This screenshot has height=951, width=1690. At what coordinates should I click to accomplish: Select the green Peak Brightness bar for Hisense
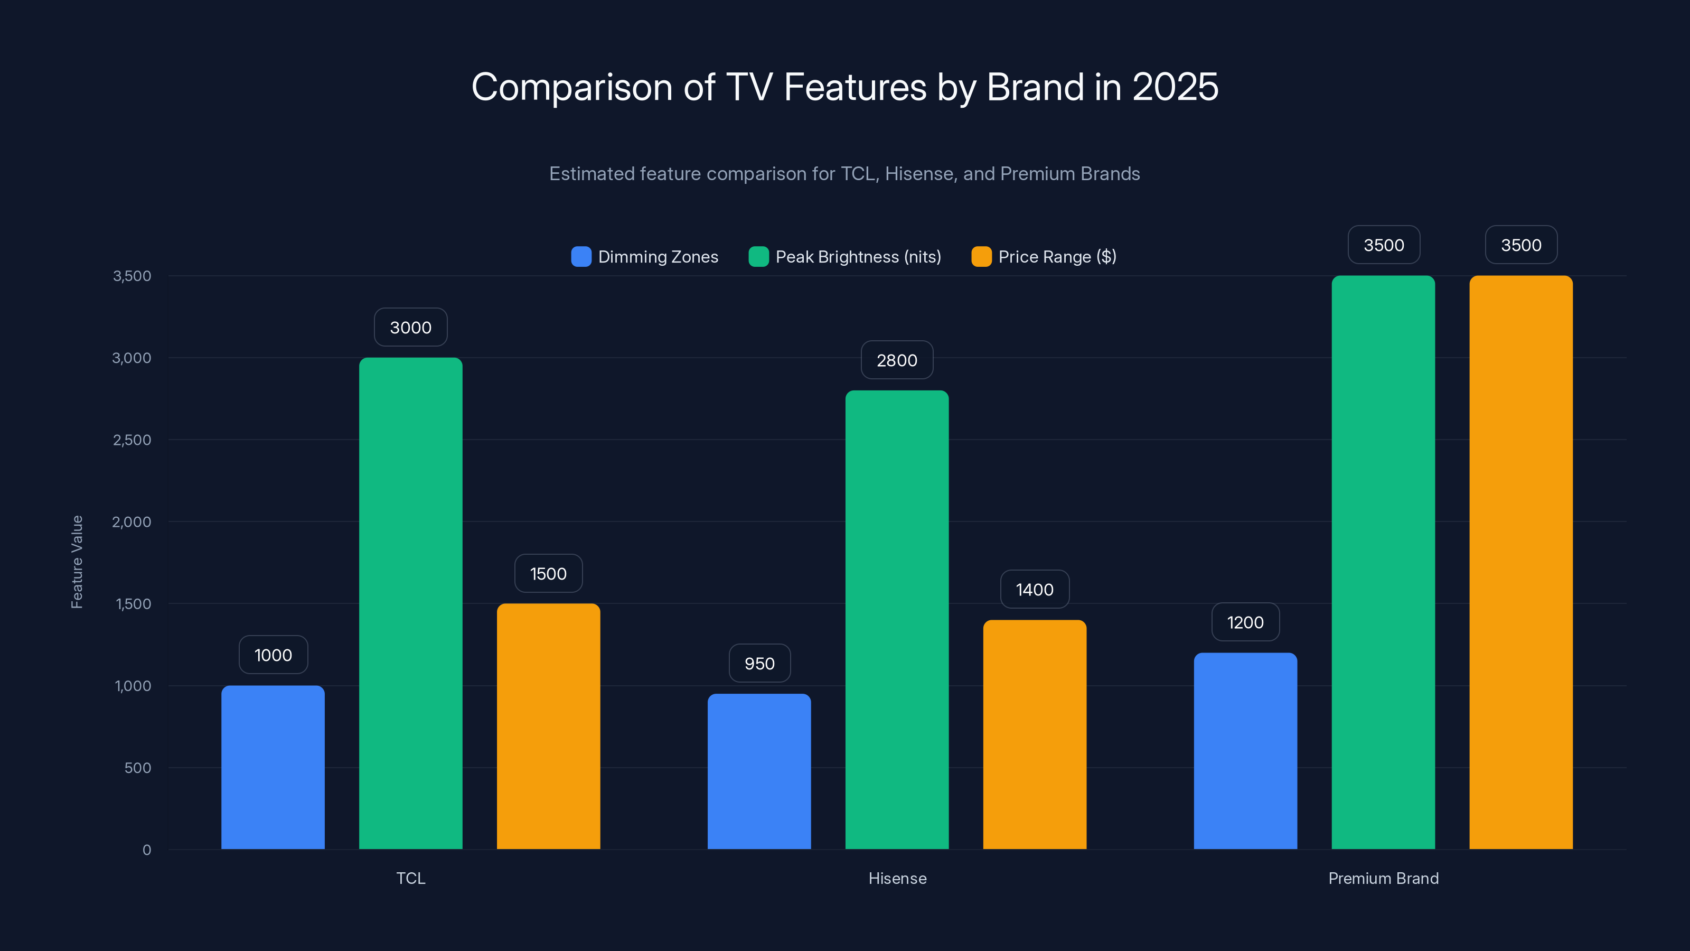click(x=897, y=620)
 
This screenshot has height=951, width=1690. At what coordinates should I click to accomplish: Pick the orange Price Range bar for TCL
click(x=549, y=726)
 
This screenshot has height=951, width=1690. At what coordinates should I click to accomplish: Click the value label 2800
click(x=897, y=360)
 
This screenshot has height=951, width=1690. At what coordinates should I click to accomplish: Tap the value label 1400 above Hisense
click(x=1035, y=590)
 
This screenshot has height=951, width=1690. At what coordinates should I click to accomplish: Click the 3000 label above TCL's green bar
click(x=411, y=328)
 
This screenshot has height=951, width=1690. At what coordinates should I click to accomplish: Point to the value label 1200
click(x=1245, y=622)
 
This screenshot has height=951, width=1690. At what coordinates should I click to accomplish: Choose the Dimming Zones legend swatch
click(x=581, y=257)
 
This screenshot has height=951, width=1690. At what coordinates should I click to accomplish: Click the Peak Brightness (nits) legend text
click(x=858, y=257)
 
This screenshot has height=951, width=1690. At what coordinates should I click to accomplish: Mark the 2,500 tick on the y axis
click(x=132, y=440)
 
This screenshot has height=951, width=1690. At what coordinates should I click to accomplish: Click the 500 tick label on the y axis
click(x=138, y=768)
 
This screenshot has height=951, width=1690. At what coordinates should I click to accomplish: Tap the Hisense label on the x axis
click(x=897, y=878)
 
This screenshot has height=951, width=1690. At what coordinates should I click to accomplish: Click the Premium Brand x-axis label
click(x=1383, y=878)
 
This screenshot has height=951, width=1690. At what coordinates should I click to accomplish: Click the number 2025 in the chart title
click(x=1175, y=87)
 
